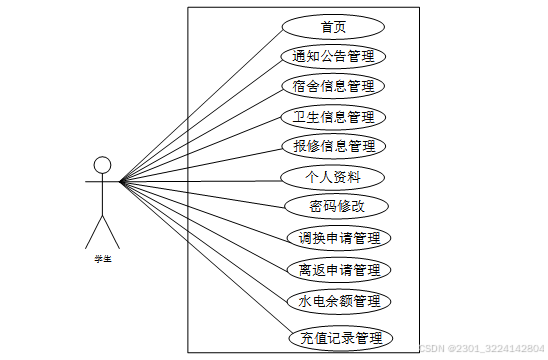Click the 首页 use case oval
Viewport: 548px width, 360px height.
pos(333,27)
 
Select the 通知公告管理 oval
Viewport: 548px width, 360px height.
pos(333,57)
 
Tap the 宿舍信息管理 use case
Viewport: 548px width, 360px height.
pos(333,86)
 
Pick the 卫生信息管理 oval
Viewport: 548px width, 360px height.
pos(333,117)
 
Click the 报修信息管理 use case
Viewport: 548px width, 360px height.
pos(333,147)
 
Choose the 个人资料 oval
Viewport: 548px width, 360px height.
pos(333,178)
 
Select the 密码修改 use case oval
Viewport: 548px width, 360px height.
pos(333,208)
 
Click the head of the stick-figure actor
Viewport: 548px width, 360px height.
pos(101,165)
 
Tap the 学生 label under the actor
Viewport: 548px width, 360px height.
pos(102,259)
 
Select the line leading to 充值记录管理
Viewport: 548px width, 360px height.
pos(200,259)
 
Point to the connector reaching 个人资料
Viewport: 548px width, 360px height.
pos(200,181)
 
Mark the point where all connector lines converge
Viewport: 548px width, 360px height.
pos(121,182)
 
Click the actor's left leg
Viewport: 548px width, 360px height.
pos(93,233)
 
